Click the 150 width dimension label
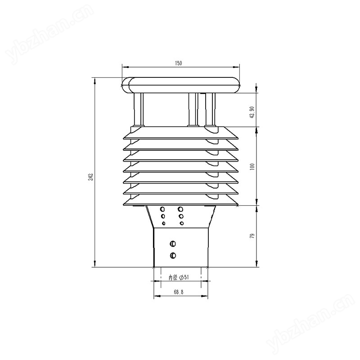coord(178,63)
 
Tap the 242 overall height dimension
coord(91,177)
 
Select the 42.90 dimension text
coord(252,112)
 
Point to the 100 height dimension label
coord(252,166)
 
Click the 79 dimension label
coord(252,236)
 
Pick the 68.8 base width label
coord(179,292)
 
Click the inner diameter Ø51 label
coord(179,278)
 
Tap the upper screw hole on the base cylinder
coord(173,243)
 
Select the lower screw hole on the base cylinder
coord(173,255)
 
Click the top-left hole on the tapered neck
coord(162,209)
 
